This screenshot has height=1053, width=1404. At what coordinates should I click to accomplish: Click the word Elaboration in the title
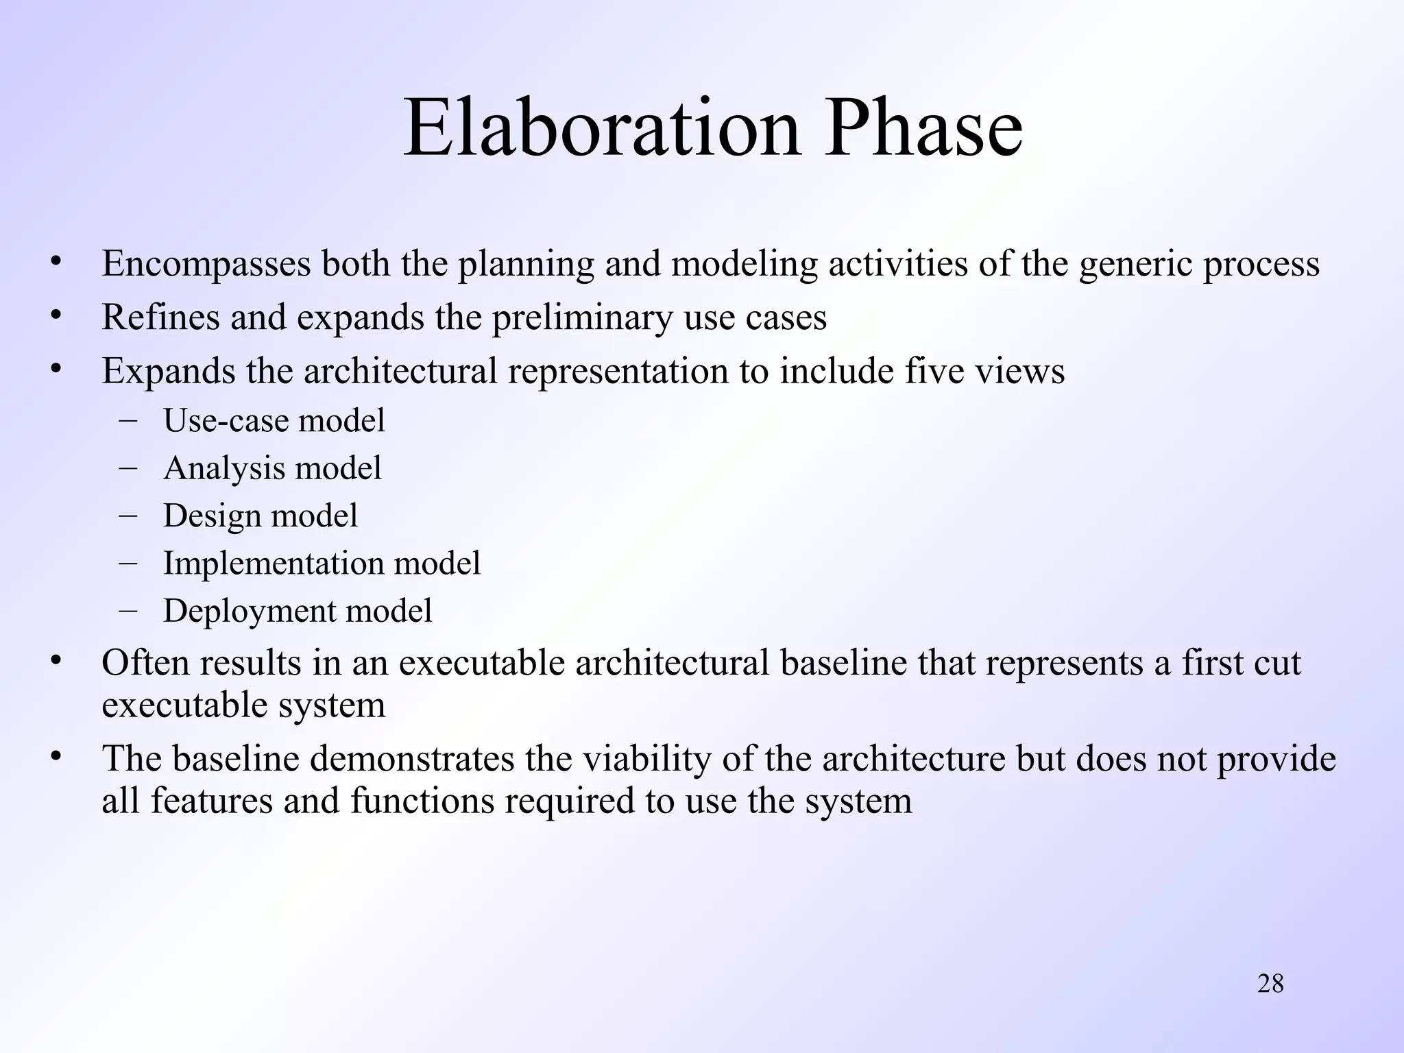pos(601,129)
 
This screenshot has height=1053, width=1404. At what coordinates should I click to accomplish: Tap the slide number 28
pos(1270,984)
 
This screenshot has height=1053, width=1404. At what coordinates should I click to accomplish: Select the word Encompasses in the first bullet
pos(206,265)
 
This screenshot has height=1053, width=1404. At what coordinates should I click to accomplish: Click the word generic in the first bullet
pos(1135,265)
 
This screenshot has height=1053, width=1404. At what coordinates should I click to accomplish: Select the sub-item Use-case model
pos(274,420)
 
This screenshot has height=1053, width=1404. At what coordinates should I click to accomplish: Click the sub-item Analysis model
pos(272,469)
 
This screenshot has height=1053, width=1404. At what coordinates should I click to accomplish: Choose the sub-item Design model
pos(261,516)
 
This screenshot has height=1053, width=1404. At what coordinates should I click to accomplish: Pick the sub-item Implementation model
pos(322,564)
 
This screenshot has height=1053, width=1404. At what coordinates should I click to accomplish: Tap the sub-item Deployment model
pos(298,611)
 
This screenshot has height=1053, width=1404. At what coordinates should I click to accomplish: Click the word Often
pos(145,663)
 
